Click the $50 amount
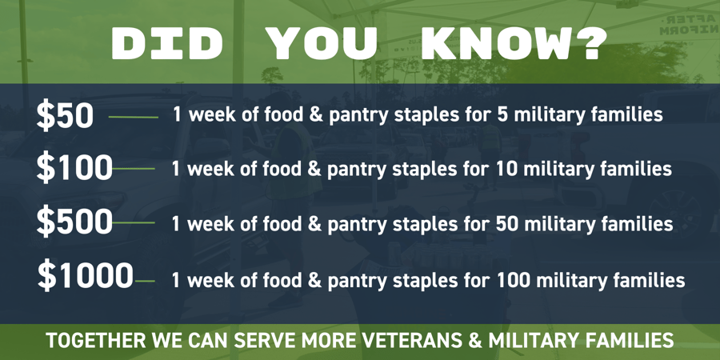point(65,117)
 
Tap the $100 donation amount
point(74,169)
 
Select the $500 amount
point(74,222)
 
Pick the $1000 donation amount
point(85,277)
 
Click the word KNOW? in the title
point(513,45)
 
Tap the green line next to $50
point(133,117)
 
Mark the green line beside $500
point(134,223)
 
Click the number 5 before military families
point(502,115)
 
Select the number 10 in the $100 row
point(506,170)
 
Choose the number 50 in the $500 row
point(507,223)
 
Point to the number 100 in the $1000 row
point(513,280)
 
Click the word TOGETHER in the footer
point(96,341)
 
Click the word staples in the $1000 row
point(428,281)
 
